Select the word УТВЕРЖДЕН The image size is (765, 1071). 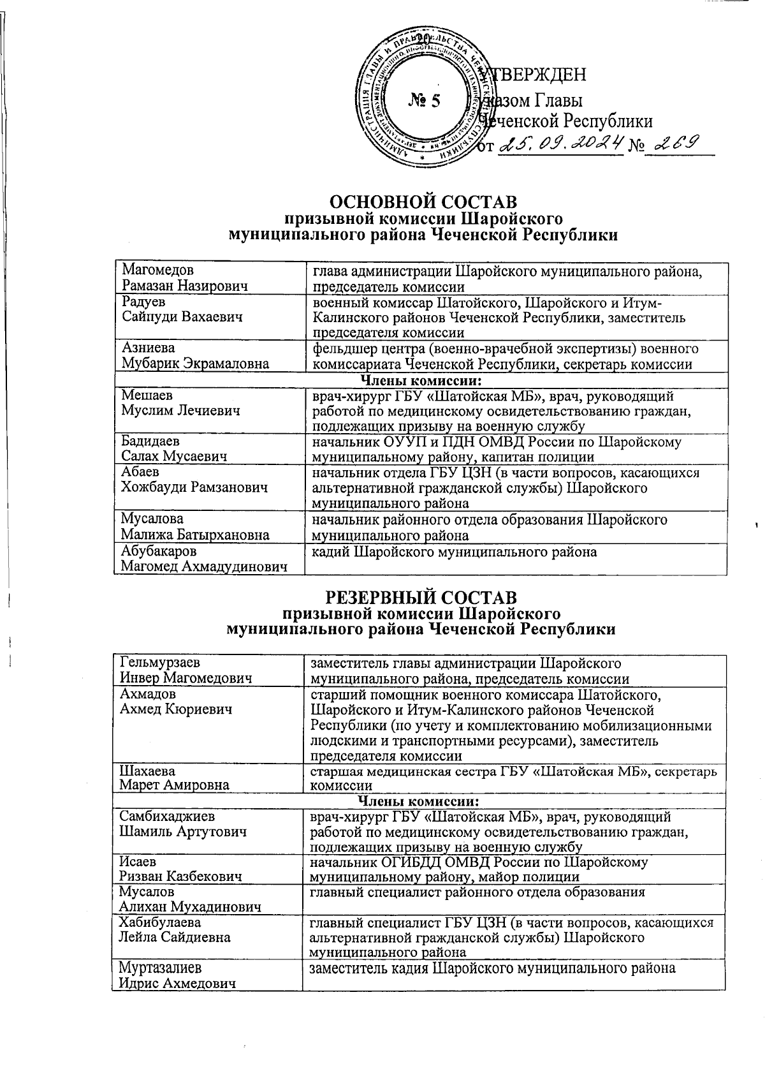coord(535,75)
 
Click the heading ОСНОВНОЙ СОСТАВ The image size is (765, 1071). coord(422,203)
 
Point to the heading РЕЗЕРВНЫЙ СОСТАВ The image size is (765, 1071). coord(421,598)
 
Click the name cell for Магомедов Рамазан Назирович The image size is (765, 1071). coord(185,278)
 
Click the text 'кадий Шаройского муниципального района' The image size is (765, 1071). coord(454,552)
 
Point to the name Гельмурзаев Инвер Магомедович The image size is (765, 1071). coord(185,670)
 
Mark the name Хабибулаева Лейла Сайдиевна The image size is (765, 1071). coord(175,929)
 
